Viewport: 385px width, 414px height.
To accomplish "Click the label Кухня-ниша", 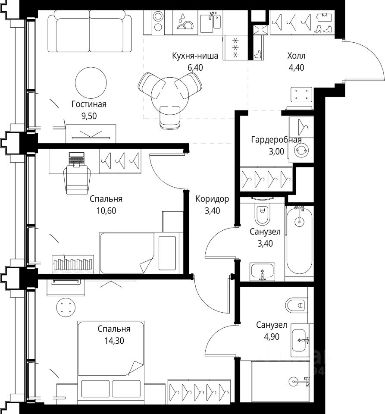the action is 195,56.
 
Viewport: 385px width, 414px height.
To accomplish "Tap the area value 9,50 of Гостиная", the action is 89,116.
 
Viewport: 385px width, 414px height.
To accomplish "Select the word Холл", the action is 296,56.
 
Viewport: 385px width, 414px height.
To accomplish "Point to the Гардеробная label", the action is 276,140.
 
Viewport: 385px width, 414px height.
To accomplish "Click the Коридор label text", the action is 212,199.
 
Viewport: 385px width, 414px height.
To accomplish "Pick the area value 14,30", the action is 114,341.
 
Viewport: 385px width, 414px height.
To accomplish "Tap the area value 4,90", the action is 271,337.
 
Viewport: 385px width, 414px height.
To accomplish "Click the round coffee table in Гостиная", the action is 91,83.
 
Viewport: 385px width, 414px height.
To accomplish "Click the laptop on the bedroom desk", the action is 76,159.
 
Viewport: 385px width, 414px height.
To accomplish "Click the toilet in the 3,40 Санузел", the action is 263,212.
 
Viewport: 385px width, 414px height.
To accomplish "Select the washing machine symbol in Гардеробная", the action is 301,150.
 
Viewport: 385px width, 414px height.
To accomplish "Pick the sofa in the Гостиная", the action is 89,31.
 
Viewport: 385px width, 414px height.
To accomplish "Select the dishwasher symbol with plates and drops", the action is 185,22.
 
